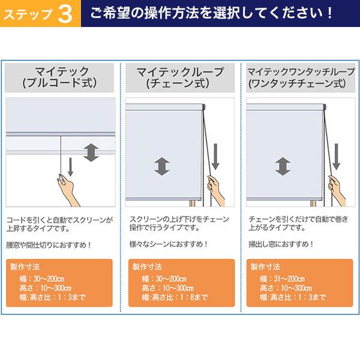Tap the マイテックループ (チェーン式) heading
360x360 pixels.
point(180,78)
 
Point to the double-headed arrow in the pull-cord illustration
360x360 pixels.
point(91,152)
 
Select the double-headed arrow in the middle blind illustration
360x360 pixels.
point(161,166)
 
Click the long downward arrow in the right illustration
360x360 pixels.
point(337,155)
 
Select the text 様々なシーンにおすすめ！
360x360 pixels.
point(169,244)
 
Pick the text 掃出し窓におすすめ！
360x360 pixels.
point(281,244)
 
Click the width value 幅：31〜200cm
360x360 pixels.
point(283,279)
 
